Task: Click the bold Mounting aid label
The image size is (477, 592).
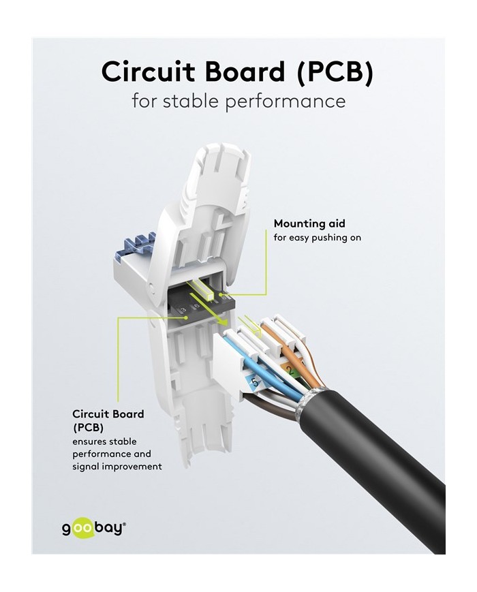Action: (309, 223)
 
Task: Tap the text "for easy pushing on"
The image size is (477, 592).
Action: (317, 238)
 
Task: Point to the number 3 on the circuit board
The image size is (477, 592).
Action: (183, 311)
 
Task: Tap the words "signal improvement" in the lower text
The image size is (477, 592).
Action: (117, 467)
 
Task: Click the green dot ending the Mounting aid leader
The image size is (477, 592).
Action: (221, 294)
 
